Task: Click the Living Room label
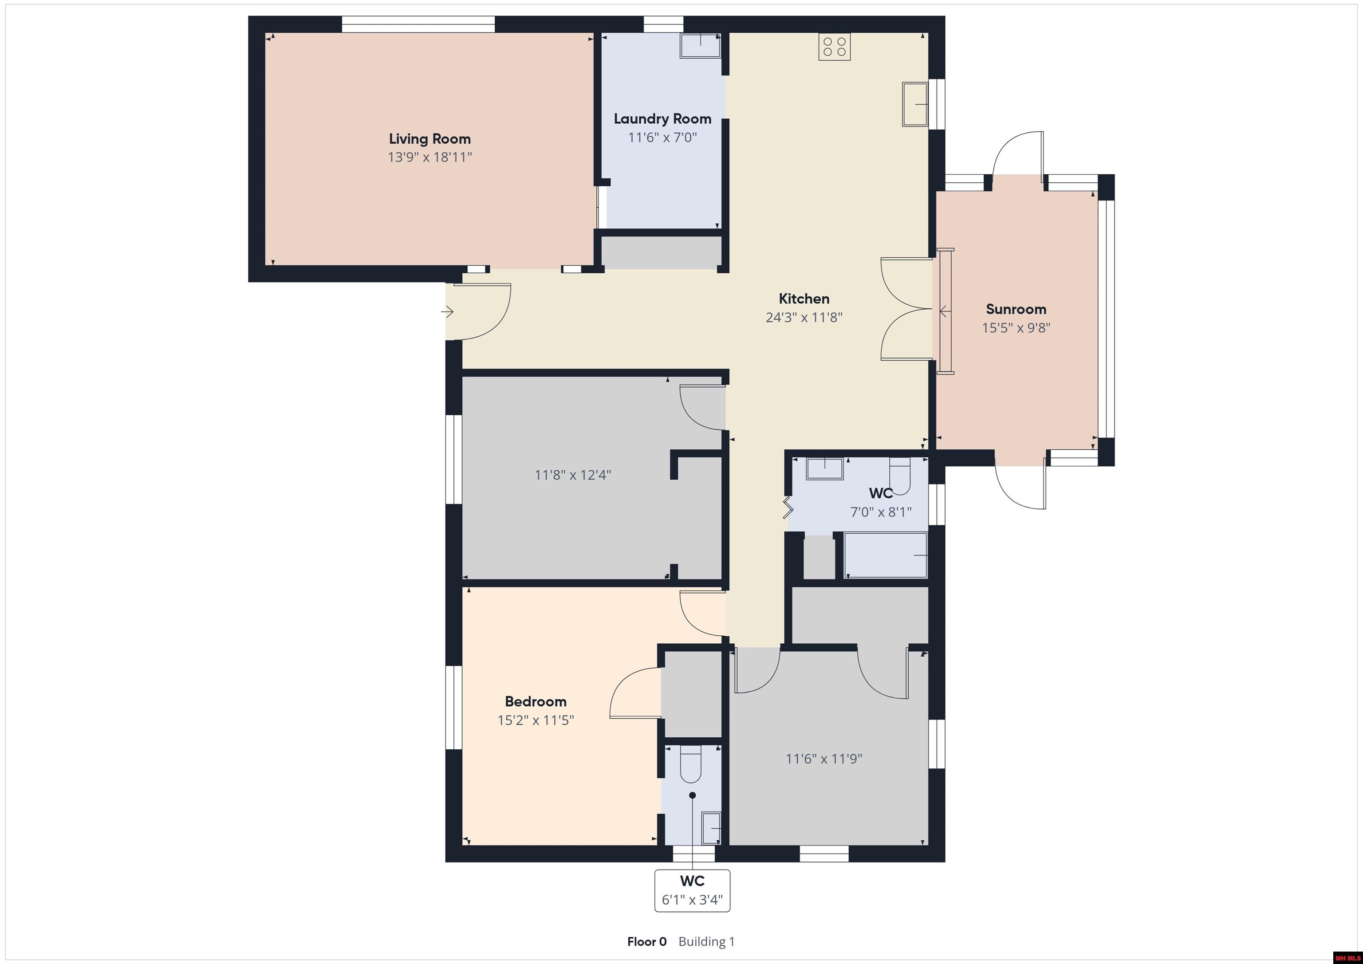(x=430, y=139)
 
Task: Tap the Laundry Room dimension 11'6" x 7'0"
(x=662, y=138)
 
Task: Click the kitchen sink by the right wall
(x=915, y=104)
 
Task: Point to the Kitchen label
(x=804, y=299)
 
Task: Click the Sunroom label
(x=1016, y=309)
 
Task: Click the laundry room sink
(x=701, y=46)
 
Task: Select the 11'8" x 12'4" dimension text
(x=573, y=475)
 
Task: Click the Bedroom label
(x=536, y=702)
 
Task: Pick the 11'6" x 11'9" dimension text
(x=824, y=759)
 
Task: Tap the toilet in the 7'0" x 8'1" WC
(x=900, y=476)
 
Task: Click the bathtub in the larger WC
(x=885, y=555)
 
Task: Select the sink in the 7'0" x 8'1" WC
(x=824, y=469)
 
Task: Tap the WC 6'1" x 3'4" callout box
(x=692, y=890)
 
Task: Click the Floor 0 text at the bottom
(x=647, y=941)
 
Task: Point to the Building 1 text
(x=706, y=941)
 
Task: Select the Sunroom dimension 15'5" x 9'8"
(x=1016, y=328)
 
